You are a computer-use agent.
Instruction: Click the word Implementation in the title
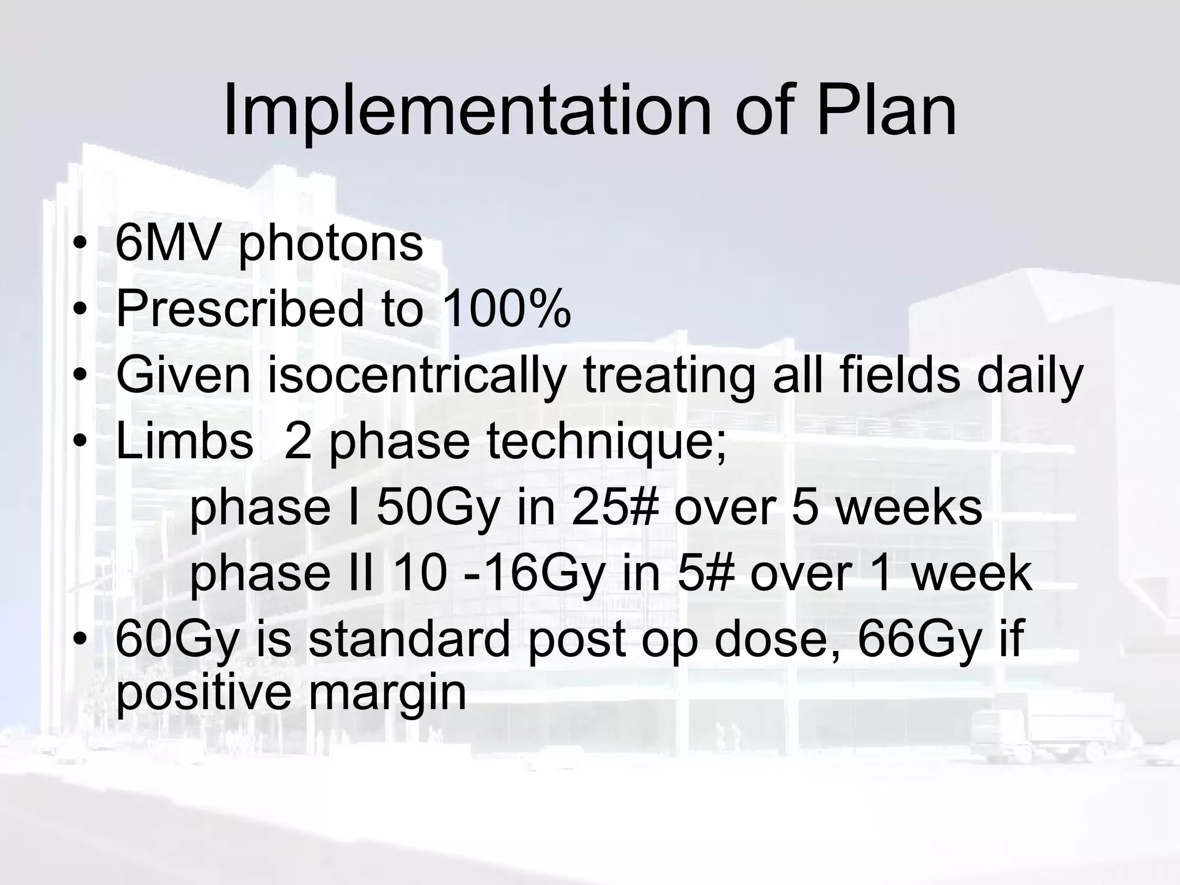[x=467, y=111]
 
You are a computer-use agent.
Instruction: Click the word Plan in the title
[x=886, y=111]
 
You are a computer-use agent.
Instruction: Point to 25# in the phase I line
[x=614, y=507]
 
